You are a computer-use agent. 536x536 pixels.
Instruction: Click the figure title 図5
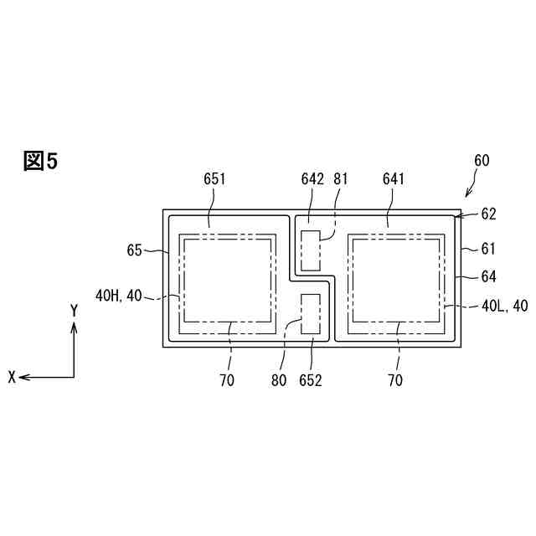(x=40, y=162)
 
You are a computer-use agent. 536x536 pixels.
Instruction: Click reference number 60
(x=482, y=160)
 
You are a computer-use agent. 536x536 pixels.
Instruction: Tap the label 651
(x=215, y=178)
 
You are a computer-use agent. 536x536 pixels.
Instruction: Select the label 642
(x=312, y=178)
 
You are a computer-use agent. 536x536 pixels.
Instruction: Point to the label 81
(x=340, y=178)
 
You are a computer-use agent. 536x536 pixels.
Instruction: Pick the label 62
(x=488, y=214)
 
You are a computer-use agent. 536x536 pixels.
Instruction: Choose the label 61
(x=488, y=249)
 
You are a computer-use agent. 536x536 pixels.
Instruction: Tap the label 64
(x=488, y=275)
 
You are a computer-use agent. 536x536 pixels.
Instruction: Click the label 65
(x=135, y=249)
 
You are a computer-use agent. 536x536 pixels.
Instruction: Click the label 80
(x=280, y=380)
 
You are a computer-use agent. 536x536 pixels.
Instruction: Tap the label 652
(x=312, y=380)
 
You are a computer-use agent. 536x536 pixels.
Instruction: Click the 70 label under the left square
(x=227, y=380)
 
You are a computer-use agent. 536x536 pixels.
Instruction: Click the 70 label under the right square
(x=395, y=380)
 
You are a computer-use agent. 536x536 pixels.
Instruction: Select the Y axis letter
(x=74, y=311)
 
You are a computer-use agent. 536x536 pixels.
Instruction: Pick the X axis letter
(x=12, y=378)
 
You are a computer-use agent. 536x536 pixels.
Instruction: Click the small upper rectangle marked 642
(x=311, y=250)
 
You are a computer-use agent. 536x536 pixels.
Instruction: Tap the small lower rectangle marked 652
(x=311, y=313)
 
